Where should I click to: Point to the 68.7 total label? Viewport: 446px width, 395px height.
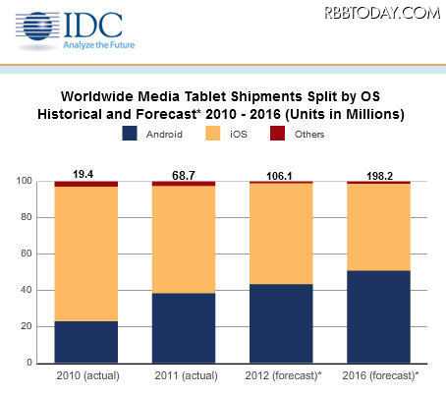(x=183, y=173)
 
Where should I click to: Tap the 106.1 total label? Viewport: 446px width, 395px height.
(x=280, y=174)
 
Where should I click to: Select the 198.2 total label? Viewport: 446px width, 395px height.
(x=378, y=174)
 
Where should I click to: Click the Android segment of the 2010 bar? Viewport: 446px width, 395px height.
(x=85, y=341)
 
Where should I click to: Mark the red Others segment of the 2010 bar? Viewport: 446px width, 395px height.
(x=85, y=183)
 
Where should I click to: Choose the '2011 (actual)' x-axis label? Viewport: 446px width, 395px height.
(x=183, y=376)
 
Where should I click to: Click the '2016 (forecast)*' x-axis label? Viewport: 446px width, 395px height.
(x=379, y=376)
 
